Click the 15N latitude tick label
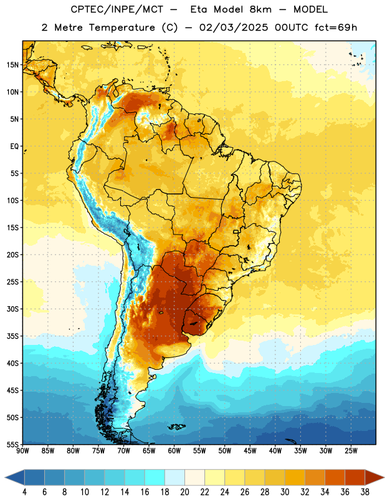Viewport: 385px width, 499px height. (12, 65)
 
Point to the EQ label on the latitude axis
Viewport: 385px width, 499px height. (14, 147)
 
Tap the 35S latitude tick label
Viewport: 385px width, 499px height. (12, 336)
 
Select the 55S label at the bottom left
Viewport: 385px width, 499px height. (12, 445)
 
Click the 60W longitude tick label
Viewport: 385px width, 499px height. (174, 451)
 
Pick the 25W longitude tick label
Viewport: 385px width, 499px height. (351, 451)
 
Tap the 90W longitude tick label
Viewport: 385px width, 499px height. (22, 451)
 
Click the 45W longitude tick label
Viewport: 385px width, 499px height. (250, 451)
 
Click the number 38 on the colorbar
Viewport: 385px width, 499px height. (364, 492)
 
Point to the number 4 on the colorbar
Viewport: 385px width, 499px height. (24, 492)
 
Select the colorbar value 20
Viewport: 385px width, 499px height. (184, 492)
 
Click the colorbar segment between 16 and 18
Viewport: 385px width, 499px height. (154, 477)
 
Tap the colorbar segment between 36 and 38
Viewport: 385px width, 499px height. (355, 477)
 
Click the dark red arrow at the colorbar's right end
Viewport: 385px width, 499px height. (374, 477)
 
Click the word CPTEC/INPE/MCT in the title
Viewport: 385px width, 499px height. (117, 9)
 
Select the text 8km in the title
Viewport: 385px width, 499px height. (260, 9)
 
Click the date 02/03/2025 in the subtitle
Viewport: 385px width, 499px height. (234, 27)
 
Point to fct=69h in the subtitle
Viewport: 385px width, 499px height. (336, 27)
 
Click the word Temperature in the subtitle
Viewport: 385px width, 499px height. (121, 27)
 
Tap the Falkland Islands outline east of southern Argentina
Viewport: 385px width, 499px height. (176, 427)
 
